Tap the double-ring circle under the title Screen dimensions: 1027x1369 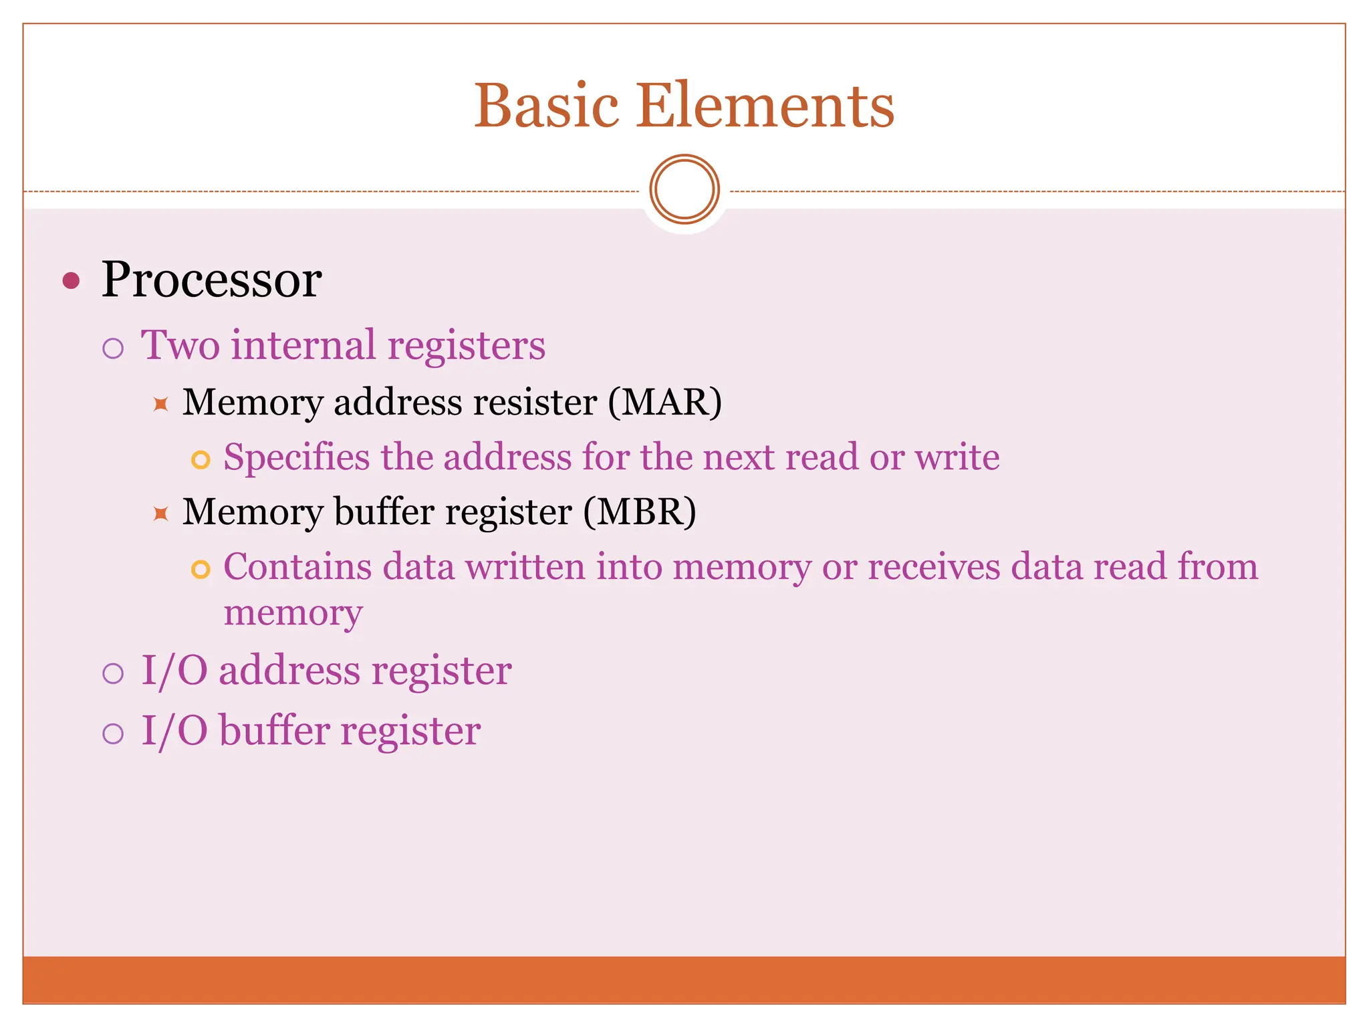point(684,189)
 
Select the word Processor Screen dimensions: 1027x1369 point(211,279)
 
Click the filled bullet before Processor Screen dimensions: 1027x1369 point(71,280)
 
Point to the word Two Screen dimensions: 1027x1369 point(180,346)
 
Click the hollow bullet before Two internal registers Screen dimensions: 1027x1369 point(113,348)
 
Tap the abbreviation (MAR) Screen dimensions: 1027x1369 point(664,403)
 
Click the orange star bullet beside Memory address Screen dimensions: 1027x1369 point(160,404)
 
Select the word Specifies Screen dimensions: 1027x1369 point(296,459)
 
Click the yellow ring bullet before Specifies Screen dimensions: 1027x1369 point(201,460)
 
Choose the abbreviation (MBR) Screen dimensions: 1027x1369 point(639,512)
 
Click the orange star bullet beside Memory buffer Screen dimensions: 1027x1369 point(160,513)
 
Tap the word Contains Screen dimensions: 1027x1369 point(297,567)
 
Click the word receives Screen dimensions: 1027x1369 point(933,567)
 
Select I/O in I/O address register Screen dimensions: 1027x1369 point(174,671)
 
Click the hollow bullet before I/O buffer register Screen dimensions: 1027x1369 point(113,733)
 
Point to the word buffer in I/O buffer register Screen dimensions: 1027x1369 point(274,730)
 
